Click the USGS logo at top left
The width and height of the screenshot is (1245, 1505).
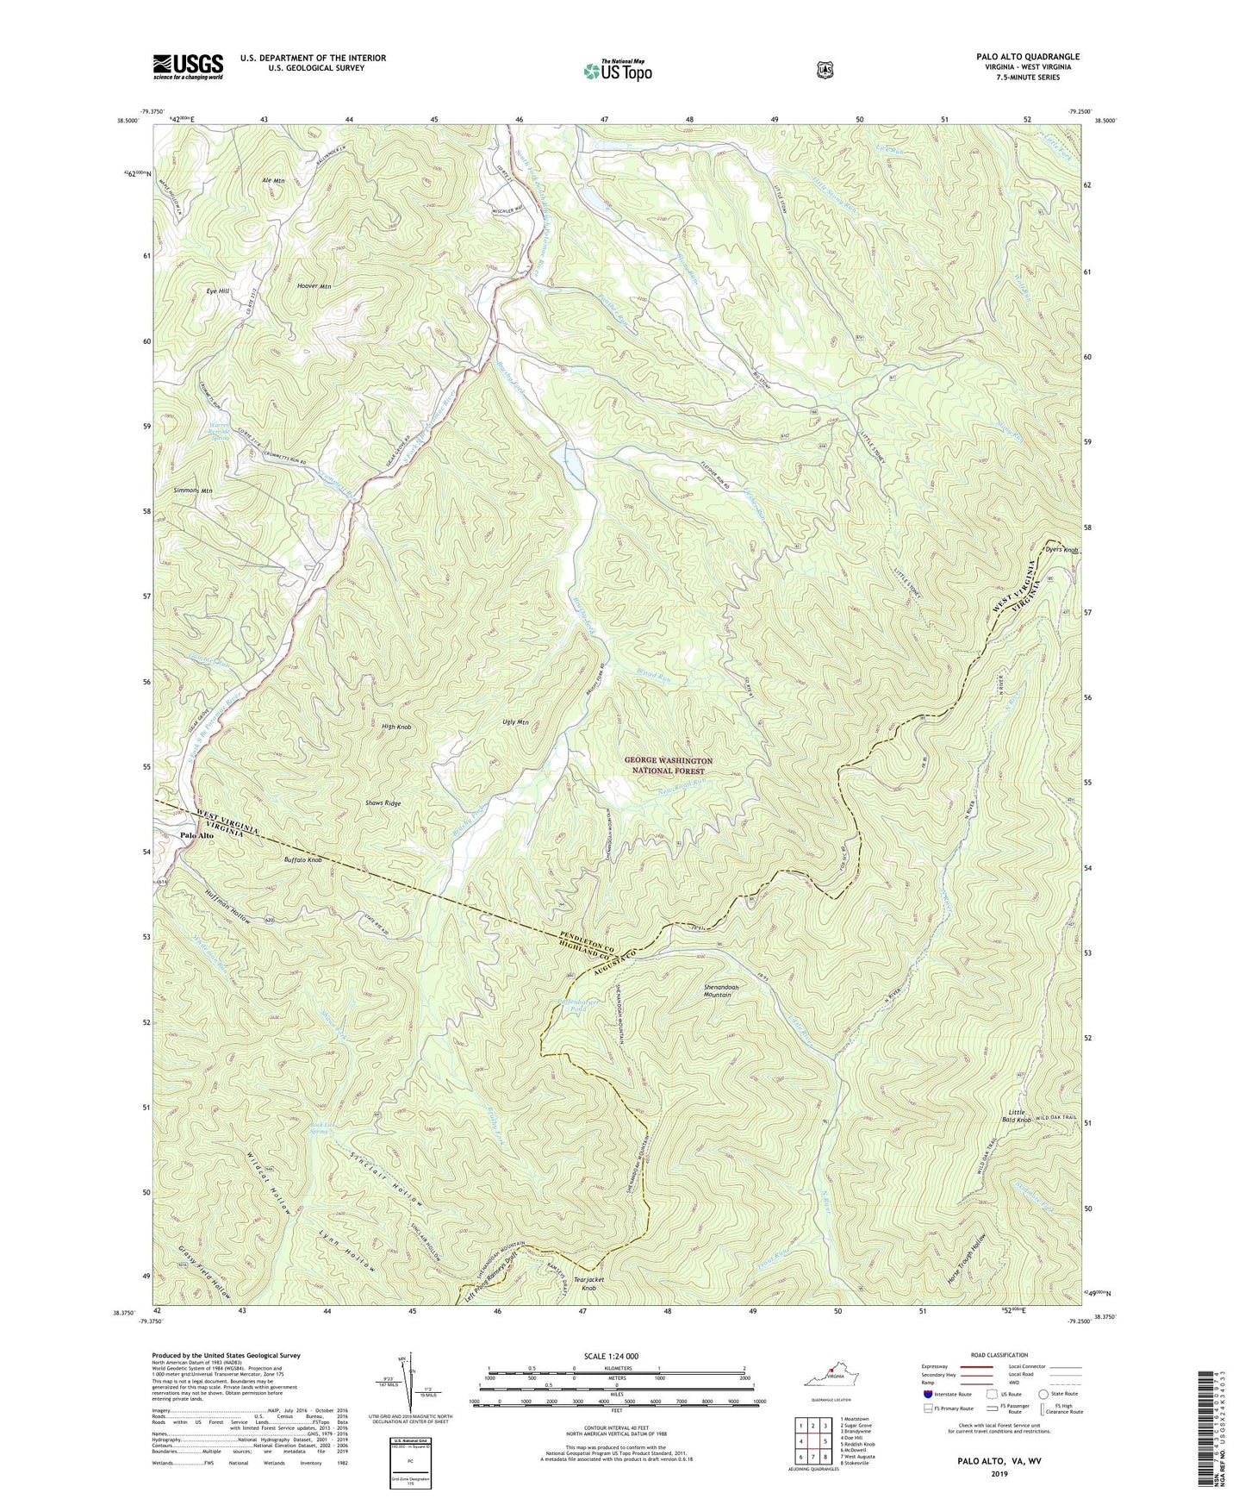point(188,66)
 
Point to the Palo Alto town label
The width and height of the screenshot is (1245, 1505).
point(196,835)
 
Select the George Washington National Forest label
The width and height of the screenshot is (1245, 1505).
point(669,766)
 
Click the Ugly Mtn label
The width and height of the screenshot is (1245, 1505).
point(515,722)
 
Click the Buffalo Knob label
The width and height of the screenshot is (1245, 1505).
point(302,860)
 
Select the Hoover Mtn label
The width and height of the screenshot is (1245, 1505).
point(314,285)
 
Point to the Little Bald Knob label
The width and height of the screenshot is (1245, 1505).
point(1017,1117)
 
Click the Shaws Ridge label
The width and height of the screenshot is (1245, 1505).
point(381,802)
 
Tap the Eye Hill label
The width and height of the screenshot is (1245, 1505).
point(217,291)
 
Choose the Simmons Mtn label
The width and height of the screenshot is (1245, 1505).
point(193,490)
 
